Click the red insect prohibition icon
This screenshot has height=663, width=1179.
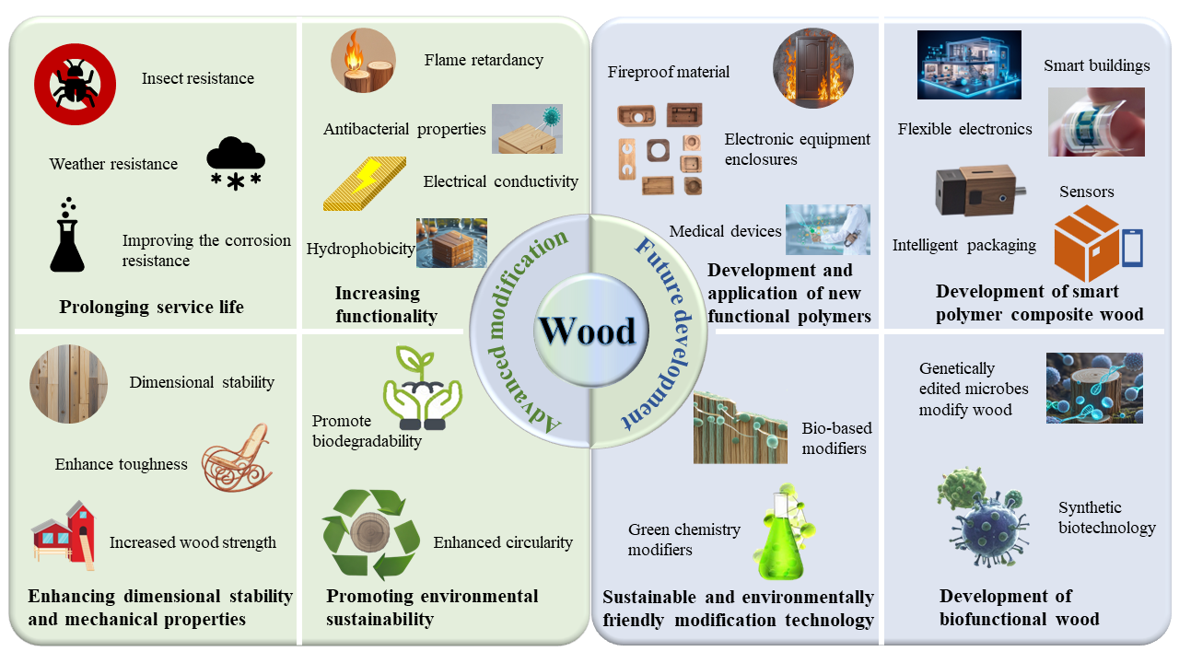[x=75, y=85]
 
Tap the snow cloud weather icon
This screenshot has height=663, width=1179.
[x=236, y=164]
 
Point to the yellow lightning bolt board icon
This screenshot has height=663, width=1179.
[x=365, y=183]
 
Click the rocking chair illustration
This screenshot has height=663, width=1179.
[x=238, y=458]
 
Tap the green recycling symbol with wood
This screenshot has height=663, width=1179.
[x=364, y=535]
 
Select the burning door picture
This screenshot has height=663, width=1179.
[x=812, y=67]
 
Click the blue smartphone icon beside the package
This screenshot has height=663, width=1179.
[x=1132, y=248]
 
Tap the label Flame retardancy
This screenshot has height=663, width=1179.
[x=484, y=61]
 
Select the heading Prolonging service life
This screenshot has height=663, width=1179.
[x=151, y=307]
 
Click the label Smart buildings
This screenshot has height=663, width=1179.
[x=1096, y=65]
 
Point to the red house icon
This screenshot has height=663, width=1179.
[x=63, y=533]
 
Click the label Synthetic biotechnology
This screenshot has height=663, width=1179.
[x=1106, y=518]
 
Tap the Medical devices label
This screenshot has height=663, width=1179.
[x=725, y=231]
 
